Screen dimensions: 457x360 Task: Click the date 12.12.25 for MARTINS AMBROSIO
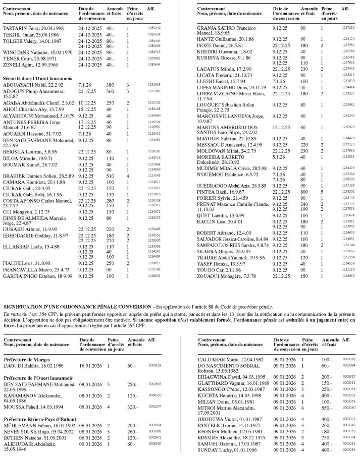point(281,127)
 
